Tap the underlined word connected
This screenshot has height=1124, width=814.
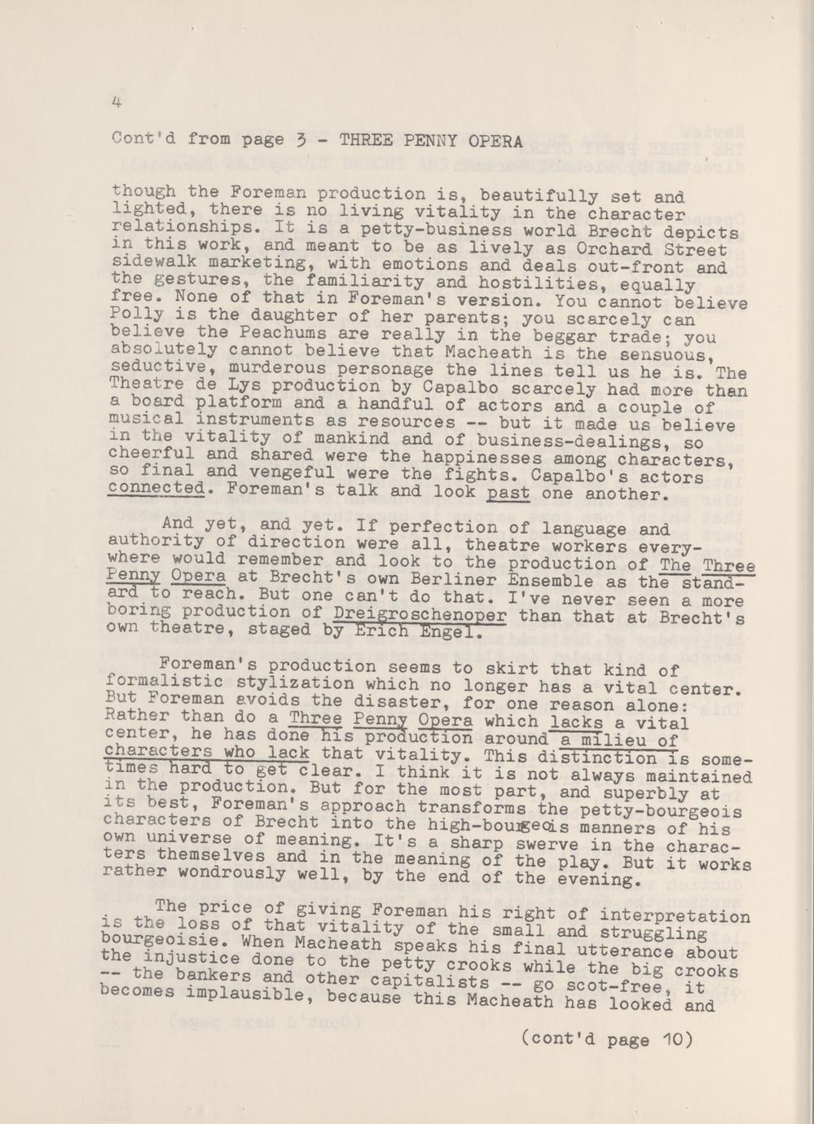coord(155,489)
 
